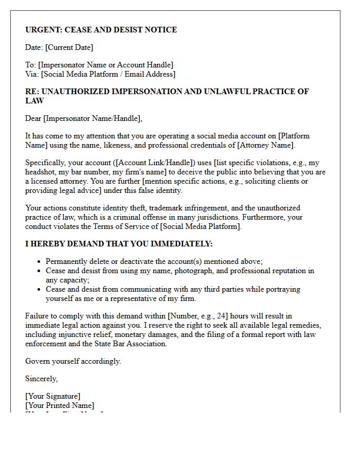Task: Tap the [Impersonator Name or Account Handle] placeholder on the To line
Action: coord(106,65)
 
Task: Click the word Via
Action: coord(32,74)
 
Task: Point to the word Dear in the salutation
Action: coord(33,118)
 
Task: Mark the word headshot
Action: coord(41,172)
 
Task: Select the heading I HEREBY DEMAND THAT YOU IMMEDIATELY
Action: coord(119,244)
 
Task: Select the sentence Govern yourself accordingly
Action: coord(73,361)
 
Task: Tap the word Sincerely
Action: coord(41,379)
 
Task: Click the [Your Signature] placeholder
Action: coord(52,396)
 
